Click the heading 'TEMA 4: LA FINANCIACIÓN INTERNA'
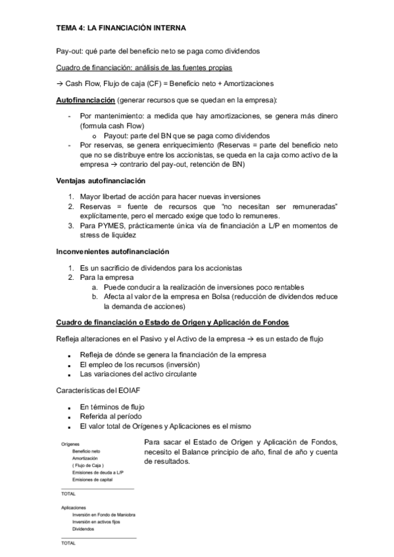(120, 28)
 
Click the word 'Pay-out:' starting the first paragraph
(69, 51)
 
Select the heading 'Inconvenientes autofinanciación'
(112, 252)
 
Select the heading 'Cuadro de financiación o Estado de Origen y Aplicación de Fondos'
(172, 323)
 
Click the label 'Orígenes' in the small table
(69, 444)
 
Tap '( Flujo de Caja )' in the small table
(89, 465)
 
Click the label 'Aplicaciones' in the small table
(72, 508)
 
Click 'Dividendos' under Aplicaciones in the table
(84, 529)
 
